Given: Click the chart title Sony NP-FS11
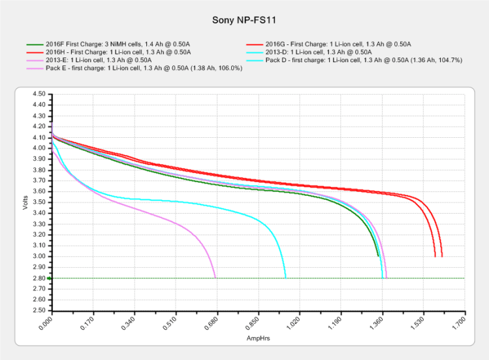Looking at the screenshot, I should (244, 19).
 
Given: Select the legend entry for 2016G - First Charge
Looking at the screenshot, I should (332, 43).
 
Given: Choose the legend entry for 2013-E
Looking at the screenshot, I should (99, 60).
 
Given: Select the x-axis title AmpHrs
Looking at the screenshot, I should (257, 339).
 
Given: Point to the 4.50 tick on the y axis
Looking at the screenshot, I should (38, 94).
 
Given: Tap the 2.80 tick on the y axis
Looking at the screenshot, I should (38, 278).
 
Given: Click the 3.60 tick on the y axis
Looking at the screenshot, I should (38, 191).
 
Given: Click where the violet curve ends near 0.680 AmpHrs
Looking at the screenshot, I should (215, 278).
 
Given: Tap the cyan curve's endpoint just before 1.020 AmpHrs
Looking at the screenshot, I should (285, 278).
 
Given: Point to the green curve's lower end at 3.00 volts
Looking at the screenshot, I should (379, 256).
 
